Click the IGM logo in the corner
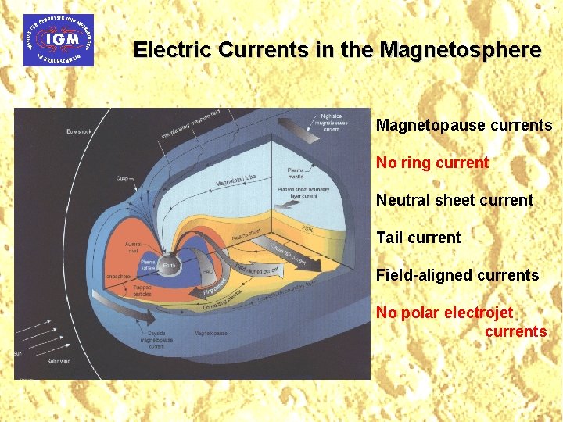pyautogui.click(x=59, y=40)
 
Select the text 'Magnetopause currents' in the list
pyautogui.click(x=464, y=126)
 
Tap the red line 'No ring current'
pyautogui.click(x=432, y=163)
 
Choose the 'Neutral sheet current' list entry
pyautogui.click(x=454, y=201)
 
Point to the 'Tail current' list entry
pyautogui.click(x=418, y=238)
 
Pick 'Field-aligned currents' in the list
pyautogui.click(x=457, y=275)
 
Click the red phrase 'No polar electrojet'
pyautogui.click(x=444, y=313)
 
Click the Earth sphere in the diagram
pyautogui.click(x=168, y=268)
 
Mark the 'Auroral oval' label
pyautogui.click(x=133, y=247)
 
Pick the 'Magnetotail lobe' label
pyautogui.click(x=236, y=179)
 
